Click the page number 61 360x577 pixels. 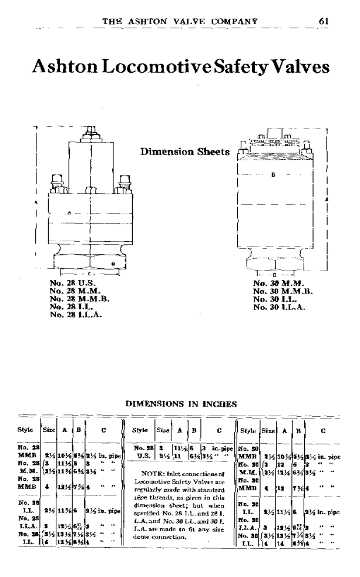click(x=322, y=22)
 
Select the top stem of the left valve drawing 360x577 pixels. click(x=90, y=131)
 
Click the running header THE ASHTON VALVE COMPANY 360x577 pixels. click(x=180, y=22)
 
